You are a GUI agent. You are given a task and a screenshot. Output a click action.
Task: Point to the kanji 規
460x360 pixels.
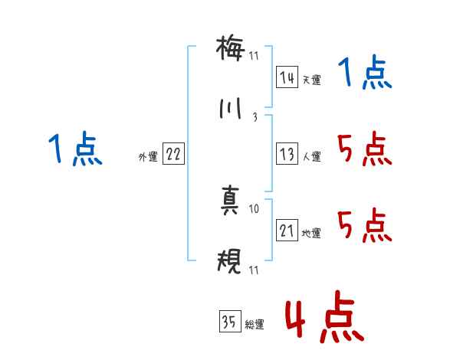(231, 262)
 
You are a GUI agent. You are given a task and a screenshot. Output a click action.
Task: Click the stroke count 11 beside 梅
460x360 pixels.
(255, 55)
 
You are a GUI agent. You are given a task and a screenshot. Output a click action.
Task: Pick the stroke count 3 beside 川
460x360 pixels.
(255, 117)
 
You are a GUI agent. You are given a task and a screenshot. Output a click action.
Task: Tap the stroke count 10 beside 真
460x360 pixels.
(255, 208)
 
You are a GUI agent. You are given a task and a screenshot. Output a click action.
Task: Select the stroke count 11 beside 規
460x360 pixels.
(255, 269)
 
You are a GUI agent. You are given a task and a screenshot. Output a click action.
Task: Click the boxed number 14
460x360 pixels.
(287, 77)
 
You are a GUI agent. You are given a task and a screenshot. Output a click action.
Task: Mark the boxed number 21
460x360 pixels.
(287, 231)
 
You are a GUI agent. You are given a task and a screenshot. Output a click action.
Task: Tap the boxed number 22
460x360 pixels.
(173, 154)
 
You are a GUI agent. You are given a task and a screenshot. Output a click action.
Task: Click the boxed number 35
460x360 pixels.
(229, 322)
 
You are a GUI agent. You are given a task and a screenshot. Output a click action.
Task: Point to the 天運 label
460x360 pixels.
(311, 80)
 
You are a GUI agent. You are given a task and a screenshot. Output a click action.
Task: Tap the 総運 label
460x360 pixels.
(254, 325)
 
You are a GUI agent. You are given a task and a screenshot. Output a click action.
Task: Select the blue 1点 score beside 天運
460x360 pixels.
(365, 74)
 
